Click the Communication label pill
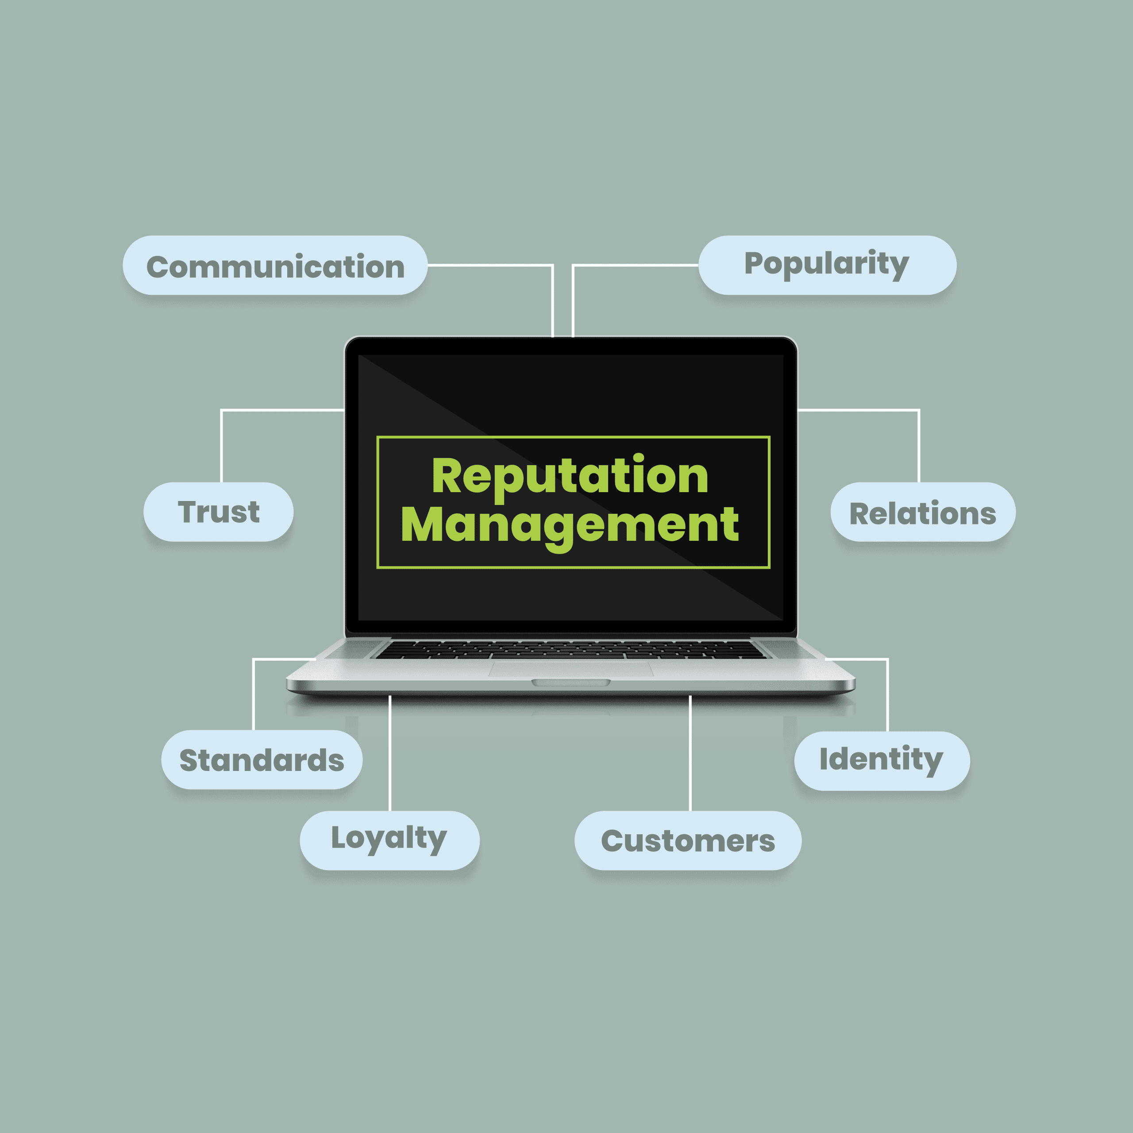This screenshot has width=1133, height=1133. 274,265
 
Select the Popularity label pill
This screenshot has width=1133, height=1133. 828,265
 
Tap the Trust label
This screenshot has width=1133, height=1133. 218,511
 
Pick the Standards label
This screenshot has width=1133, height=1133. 262,759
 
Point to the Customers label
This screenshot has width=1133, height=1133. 688,840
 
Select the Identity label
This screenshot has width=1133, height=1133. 882,761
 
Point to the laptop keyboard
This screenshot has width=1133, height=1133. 570,649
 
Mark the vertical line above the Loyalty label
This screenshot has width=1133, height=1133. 390,753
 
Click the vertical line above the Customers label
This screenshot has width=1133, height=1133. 690,753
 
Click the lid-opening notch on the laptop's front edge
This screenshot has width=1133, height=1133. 570,682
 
